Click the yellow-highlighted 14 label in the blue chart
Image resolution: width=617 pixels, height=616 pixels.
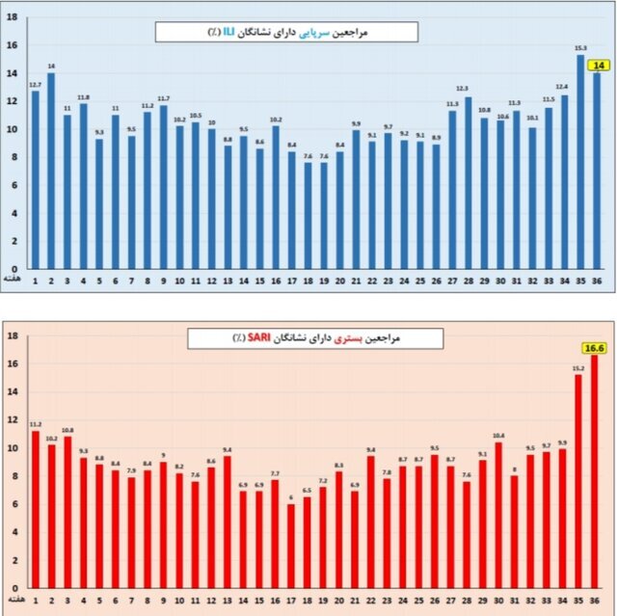tap(600, 65)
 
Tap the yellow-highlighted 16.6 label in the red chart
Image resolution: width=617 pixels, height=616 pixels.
tap(594, 347)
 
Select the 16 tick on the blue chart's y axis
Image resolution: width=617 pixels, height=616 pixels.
tap(12, 44)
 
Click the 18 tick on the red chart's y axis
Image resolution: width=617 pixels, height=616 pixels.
tap(12, 336)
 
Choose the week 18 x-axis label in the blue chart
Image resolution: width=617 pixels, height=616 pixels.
tap(308, 281)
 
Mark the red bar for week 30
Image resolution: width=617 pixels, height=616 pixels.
tap(498, 515)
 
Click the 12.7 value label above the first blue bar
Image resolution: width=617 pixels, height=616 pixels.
tap(35, 84)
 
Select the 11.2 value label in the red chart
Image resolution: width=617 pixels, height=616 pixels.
tap(36, 424)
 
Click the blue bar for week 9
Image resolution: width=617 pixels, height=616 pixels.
tap(163, 187)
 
